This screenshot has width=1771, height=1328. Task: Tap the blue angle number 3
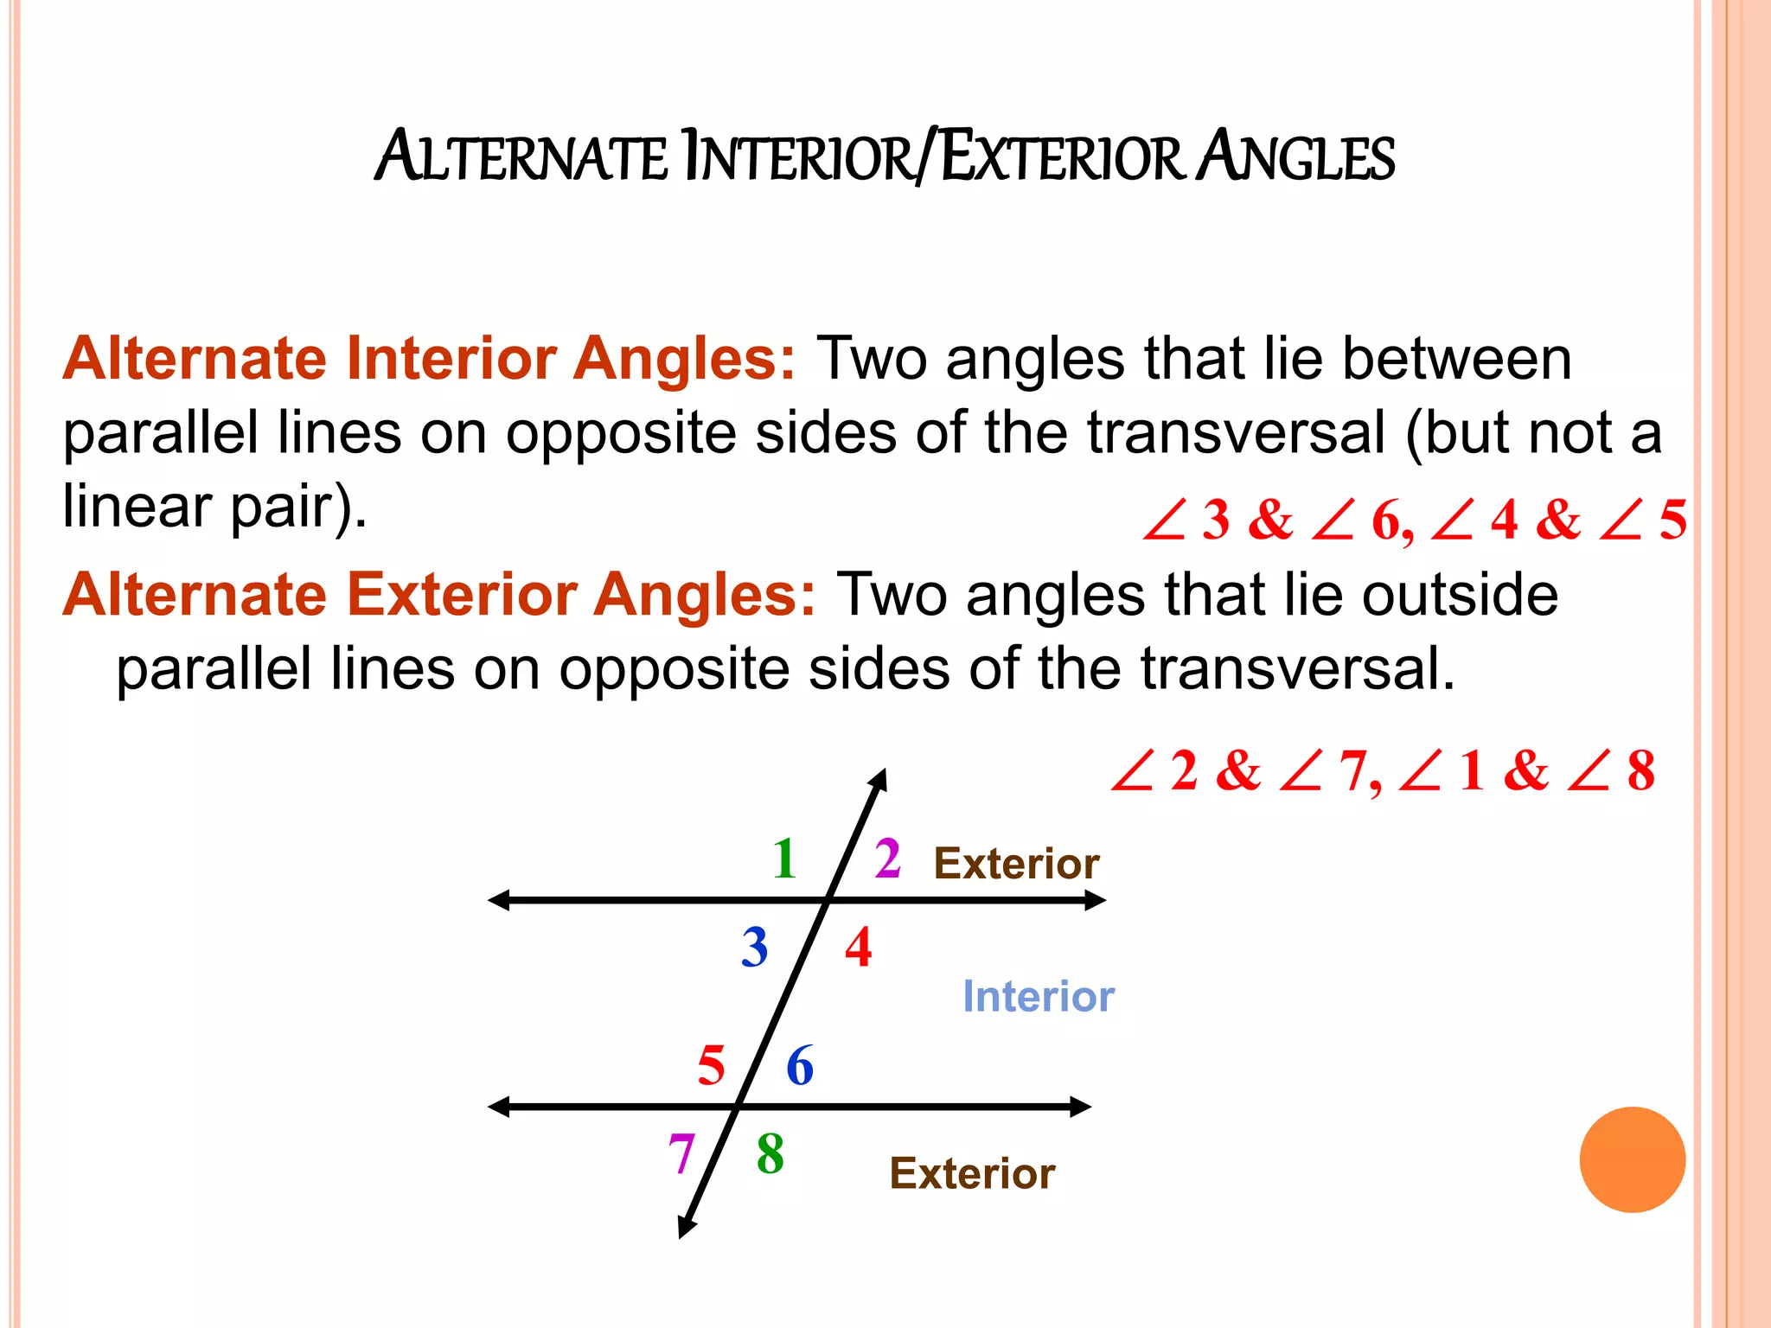754,947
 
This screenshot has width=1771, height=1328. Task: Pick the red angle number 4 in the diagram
858,947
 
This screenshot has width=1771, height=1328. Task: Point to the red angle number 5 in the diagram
711,1065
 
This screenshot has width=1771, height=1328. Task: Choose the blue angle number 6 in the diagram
800,1065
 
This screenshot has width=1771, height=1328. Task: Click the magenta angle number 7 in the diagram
681,1153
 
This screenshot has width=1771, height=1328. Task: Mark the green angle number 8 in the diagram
770,1153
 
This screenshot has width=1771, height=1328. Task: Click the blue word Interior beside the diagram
1038,997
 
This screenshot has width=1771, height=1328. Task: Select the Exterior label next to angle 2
1016,864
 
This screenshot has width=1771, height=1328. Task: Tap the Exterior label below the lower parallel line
972,1174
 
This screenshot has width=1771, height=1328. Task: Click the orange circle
1632,1159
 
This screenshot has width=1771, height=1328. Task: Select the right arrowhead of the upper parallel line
1096,901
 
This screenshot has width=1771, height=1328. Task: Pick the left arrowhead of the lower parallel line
499,1107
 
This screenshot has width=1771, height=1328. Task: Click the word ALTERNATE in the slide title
521,157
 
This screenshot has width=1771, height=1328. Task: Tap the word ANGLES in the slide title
1295,157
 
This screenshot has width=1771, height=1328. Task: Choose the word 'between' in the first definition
1456,359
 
